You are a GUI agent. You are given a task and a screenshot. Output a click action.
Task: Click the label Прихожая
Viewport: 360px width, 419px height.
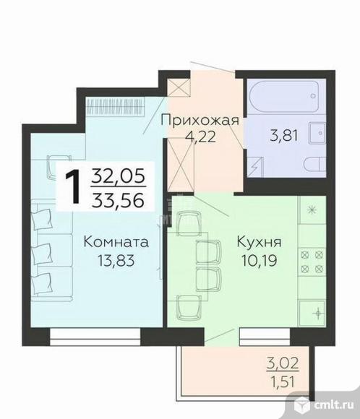(x=200, y=121)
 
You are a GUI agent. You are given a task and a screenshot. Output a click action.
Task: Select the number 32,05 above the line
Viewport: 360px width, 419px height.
(x=118, y=176)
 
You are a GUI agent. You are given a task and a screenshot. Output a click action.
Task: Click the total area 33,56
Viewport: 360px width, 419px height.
(x=118, y=198)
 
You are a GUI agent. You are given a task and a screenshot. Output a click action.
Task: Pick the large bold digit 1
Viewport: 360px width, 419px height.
(x=73, y=187)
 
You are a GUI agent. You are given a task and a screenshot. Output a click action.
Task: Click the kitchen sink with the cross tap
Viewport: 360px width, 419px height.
(x=315, y=313)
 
